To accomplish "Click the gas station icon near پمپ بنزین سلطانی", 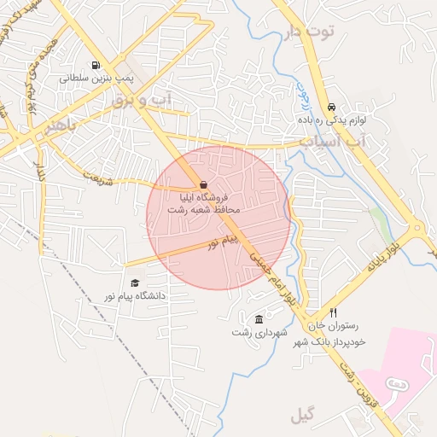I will pyautogui.click(x=94, y=65).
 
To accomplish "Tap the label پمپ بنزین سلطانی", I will pyautogui.click(x=93, y=78).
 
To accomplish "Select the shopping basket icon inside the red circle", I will pyautogui.click(x=203, y=185).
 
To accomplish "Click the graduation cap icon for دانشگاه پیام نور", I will pyautogui.click(x=134, y=283).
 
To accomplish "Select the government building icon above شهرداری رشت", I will pyautogui.click(x=259, y=319).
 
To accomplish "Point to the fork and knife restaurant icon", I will pyautogui.click(x=333, y=312).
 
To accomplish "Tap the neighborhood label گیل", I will pyautogui.click(x=302, y=416).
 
